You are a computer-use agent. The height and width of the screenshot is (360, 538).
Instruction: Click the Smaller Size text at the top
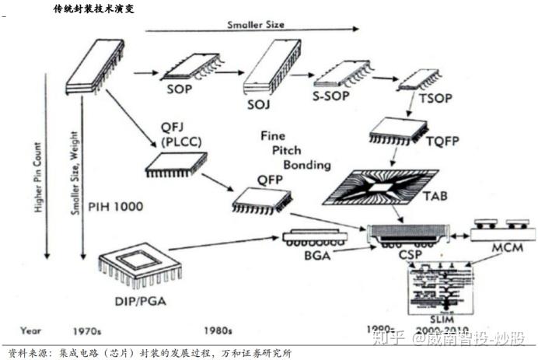pyautogui.click(x=256, y=24)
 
